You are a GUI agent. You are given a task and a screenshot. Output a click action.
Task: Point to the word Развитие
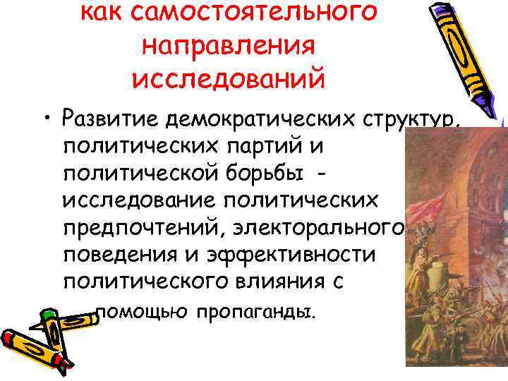pos(109,119)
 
